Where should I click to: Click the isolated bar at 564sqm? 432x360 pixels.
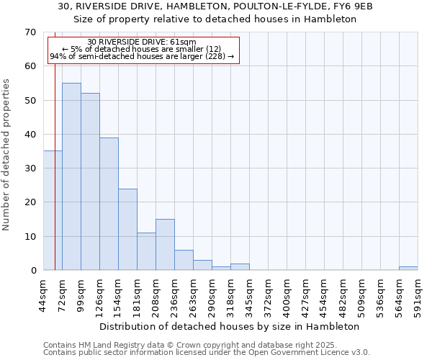pos(408,269)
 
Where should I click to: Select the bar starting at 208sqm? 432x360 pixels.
pos(165,245)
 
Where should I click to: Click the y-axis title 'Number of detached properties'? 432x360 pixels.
pos(7,155)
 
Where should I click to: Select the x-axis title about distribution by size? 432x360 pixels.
pos(229,326)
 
